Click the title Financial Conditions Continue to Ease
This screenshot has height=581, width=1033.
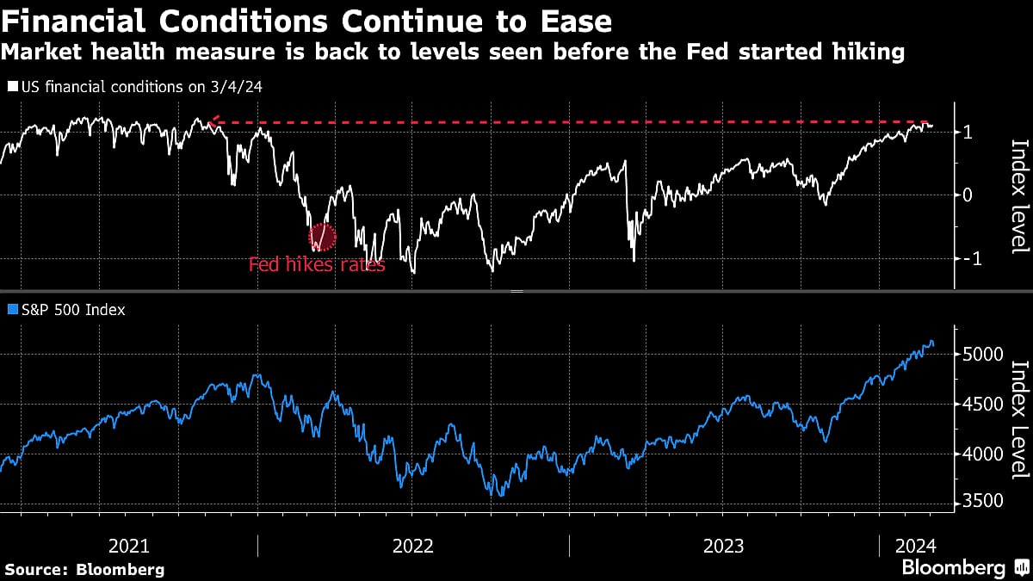(x=308, y=21)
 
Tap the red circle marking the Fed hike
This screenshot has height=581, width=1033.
(x=322, y=235)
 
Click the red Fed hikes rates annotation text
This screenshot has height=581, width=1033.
(x=317, y=265)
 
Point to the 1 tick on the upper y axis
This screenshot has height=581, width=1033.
(x=968, y=133)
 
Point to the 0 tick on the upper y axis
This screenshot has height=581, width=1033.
(x=968, y=195)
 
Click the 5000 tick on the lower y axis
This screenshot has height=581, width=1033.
(x=981, y=355)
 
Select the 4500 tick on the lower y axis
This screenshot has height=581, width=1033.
(x=981, y=405)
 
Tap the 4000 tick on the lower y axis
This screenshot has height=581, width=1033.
(x=981, y=454)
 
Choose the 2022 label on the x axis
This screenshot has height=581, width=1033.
(x=413, y=546)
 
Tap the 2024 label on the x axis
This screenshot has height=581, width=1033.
(x=912, y=546)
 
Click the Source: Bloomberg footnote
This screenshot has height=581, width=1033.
(x=84, y=569)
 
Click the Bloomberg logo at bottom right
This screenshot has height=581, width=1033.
(x=962, y=567)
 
